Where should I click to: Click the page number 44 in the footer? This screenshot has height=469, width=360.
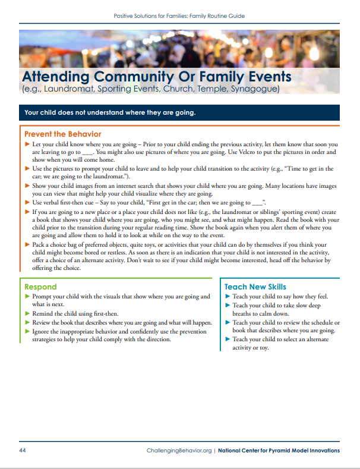click(23, 451)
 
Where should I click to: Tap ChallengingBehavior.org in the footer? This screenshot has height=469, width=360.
click(179, 451)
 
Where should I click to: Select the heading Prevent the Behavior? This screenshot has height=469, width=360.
click(62, 134)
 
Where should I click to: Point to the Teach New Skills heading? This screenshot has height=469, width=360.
click(255, 287)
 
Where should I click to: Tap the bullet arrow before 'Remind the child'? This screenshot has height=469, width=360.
click(27, 313)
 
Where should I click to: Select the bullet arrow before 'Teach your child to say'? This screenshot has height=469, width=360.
click(228, 296)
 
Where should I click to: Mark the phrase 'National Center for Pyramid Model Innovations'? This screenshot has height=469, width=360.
click(279, 451)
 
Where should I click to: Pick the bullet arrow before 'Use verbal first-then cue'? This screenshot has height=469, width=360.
click(27, 202)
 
